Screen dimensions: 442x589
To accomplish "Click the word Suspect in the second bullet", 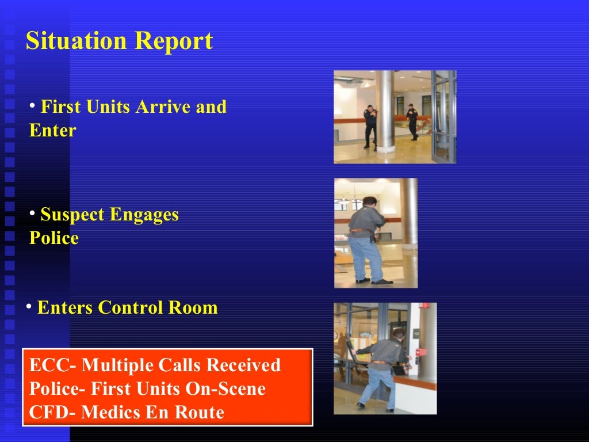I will [x=72, y=215].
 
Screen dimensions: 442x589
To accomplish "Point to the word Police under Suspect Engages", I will [x=54, y=238].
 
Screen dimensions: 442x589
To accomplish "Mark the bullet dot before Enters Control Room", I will [x=28, y=307].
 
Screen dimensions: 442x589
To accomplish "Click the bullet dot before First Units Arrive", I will [x=33, y=105].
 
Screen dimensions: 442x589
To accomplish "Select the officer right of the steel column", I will [x=412, y=121].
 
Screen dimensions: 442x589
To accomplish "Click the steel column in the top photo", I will [x=385, y=109].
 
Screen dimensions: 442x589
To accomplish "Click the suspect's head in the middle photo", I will [x=369, y=202].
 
